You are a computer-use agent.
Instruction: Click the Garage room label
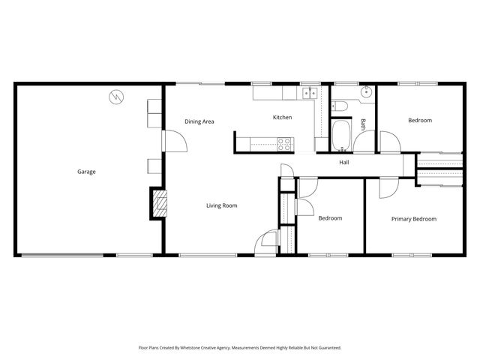tap(86, 172)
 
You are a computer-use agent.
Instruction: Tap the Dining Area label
tap(199, 121)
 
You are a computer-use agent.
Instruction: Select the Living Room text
tap(222, 205)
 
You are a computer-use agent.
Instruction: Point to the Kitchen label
tap(282, 118)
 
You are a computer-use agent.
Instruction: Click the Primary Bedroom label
tap(413, 219)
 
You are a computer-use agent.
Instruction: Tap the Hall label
tap(343, 162)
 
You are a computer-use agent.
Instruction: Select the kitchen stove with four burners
tap(284, 141)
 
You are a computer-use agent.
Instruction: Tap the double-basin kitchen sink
tap(310, 94)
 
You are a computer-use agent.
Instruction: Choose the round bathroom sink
tap(365, 94)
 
